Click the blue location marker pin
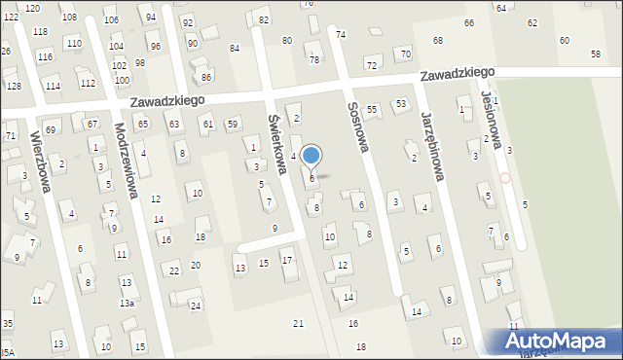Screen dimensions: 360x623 (x=311, y=156)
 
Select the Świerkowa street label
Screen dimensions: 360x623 (x=276, y=145)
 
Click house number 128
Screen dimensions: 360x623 (x=14, y=87)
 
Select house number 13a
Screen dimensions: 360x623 (x=127, y=304)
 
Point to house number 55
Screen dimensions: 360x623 (x=372, y=111)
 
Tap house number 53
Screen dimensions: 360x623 (x=400, y=103)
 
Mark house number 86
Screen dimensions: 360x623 (x=205, y=76)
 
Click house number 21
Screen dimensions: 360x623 (x=299, y=323)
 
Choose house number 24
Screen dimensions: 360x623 (x=195, y=306)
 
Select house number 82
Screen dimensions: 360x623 (x=264, y=20)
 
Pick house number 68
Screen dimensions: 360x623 (x=438, y=41)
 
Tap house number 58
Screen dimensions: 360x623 (x=596, y=54)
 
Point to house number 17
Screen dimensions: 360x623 (x=286, y=260)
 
